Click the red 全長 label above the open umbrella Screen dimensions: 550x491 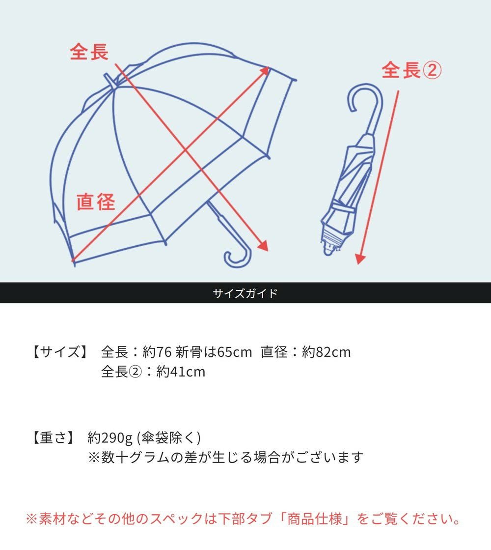pyautogui.click(x=89, y=52)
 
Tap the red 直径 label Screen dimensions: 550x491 pyautogui.click(x=96, y=202)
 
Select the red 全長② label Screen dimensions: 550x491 pyautogui.click(x=411, y=70)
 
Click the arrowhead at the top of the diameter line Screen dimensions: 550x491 pyautogui.click(x=266, y=70)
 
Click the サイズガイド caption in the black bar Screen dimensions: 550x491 pyautogui.click(x=245, y=293)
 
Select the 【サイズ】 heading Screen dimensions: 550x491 pyautogui.click(x=59, y=352)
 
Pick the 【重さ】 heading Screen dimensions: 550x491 pyautogui.click(x=53, y=437)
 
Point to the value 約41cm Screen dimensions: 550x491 pyautogui.click(x=181, y=372)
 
